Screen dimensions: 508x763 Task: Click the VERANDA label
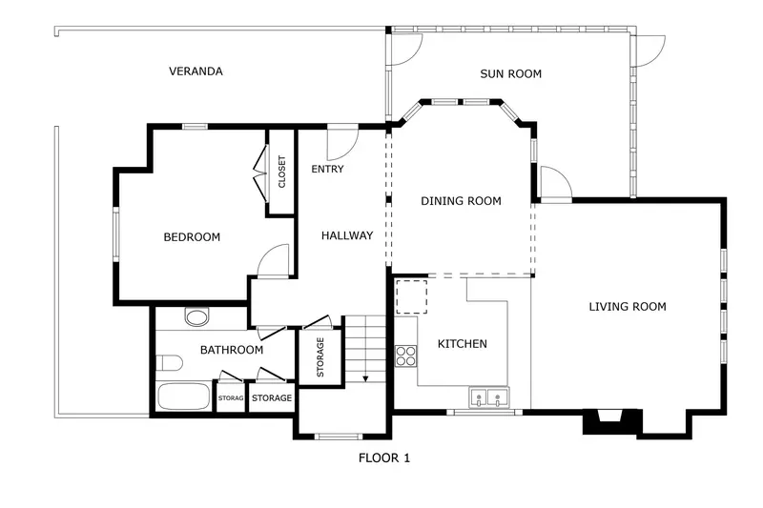point(196,71)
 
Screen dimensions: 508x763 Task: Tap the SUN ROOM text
point(510,73)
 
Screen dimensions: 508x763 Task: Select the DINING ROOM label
point(462,201)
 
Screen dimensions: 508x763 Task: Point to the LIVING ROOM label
point(627,307)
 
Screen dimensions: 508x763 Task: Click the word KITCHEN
point(463,344)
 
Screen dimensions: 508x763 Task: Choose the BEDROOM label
point(192,237)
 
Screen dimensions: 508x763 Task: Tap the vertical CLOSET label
point(281,173)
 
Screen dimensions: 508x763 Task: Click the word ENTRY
point(327,170)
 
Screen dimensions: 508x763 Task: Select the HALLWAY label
point(346,235)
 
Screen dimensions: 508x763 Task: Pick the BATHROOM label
point(231,350)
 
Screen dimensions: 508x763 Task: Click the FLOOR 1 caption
point(383,458)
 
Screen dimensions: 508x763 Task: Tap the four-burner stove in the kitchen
point(406,356)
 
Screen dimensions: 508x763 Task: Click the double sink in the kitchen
point(488,397)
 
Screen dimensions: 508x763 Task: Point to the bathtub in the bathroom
point(183,398)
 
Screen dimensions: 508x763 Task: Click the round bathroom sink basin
point(196,317)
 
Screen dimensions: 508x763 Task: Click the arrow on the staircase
point(364,377)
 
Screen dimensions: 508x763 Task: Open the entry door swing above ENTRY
point(340,143)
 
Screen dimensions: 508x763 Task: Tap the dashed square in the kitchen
point(412,296)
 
